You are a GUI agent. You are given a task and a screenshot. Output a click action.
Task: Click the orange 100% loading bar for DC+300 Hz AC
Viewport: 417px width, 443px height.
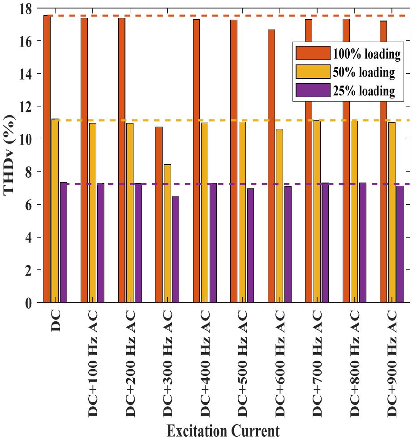click(x=159, y=215)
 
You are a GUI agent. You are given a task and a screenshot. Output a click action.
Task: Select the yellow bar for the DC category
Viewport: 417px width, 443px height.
click(x=55, y=211)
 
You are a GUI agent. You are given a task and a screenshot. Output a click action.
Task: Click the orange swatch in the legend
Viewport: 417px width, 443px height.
click(x=313, y=53)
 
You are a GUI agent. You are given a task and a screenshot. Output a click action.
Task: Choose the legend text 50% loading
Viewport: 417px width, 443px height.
click(x=364, y=72)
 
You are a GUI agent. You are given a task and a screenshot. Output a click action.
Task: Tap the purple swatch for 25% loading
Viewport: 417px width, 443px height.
click(x=313, y=90)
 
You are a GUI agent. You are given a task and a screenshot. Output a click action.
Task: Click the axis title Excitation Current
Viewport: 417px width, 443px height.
click(x=223, y=431)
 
